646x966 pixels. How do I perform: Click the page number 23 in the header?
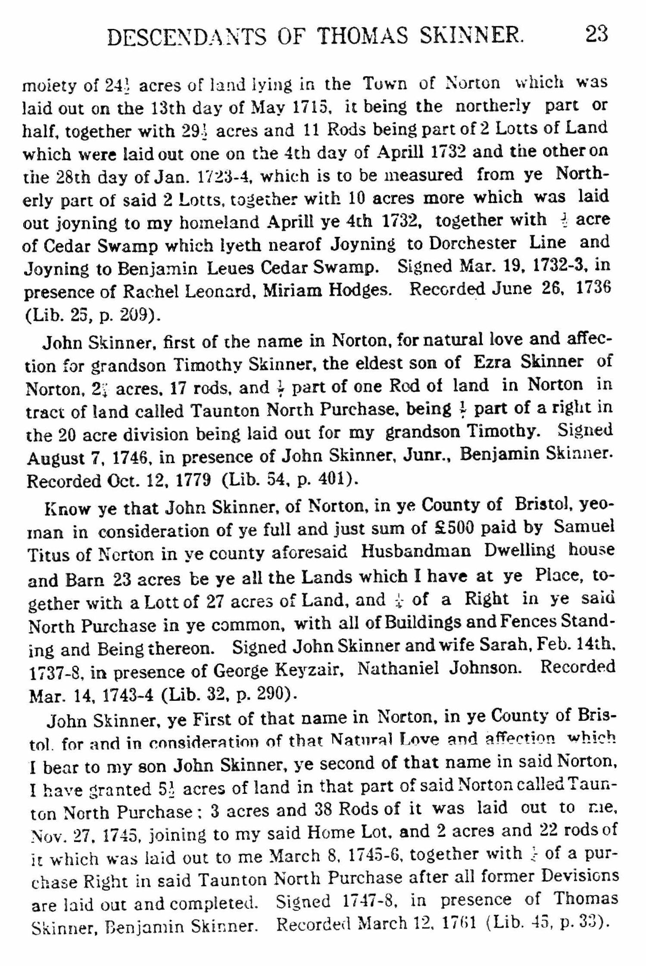point(596,34)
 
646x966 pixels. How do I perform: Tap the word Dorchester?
point(473,244)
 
